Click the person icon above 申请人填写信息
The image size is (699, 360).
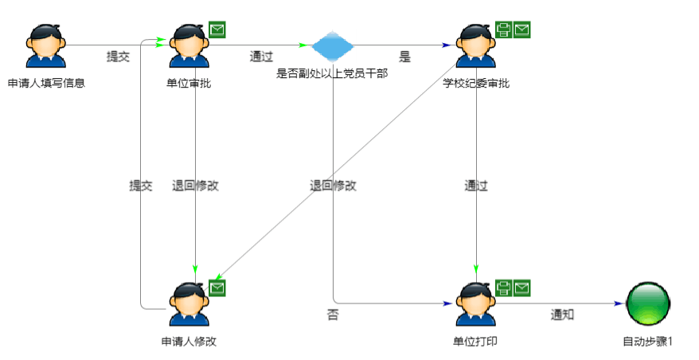45,47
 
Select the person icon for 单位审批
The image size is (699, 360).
189,47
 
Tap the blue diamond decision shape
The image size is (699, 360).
331,46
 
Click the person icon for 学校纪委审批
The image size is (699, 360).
475,47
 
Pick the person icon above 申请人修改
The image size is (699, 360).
189,305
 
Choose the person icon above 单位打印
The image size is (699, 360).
475,305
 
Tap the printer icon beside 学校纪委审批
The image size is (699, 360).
504,30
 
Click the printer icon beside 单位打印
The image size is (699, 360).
504,288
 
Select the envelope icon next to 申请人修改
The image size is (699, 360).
217,288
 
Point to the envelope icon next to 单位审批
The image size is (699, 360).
217,30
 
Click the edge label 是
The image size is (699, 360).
404,57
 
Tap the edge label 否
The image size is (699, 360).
333,315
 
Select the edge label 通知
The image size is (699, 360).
563,315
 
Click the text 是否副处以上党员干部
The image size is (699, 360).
331,74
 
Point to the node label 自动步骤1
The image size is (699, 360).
647,342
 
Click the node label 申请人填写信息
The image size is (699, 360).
45,83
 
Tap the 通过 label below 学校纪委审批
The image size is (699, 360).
476,186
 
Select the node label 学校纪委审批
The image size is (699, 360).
476,83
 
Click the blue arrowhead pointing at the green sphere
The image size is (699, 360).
618,304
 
